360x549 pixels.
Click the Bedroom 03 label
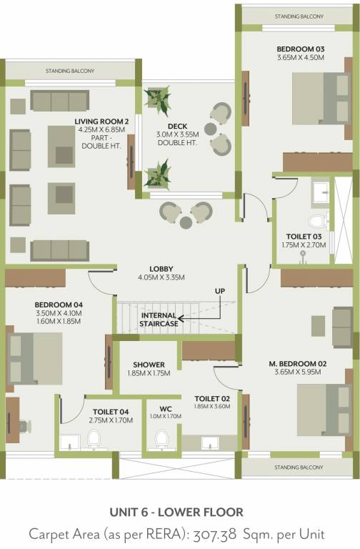301,49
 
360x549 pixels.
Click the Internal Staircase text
159,320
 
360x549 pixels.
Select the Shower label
149,365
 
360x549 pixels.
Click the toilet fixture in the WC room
162,437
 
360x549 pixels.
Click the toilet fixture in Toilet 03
315,216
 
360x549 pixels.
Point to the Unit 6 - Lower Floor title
176,512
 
